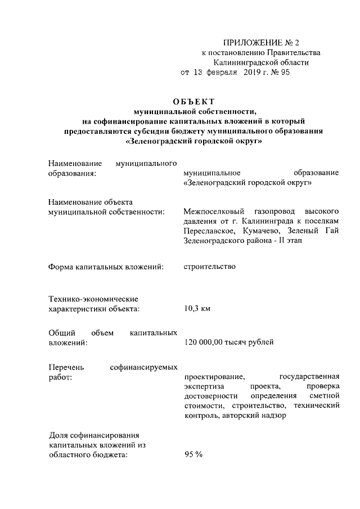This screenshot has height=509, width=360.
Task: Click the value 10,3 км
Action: click(197, 309)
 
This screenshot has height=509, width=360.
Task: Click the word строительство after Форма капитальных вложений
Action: click(209, 266)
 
